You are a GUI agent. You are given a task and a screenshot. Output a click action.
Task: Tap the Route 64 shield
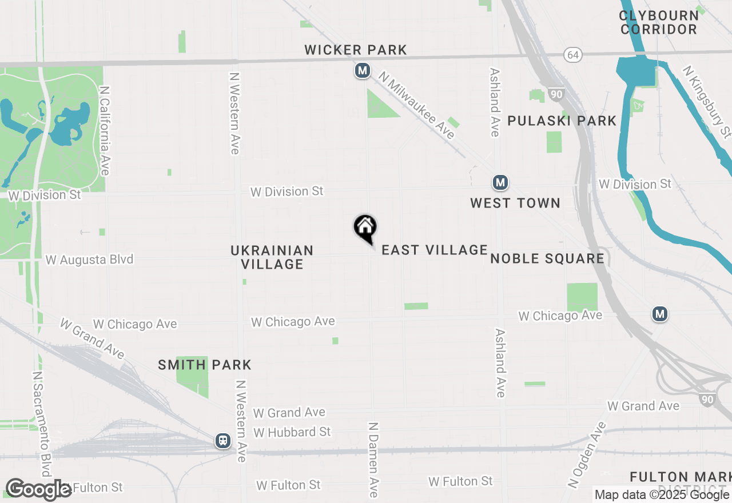point(572,55)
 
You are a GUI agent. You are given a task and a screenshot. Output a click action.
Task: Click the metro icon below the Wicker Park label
point(361,71)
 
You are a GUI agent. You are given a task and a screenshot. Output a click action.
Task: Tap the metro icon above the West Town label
point(500,182)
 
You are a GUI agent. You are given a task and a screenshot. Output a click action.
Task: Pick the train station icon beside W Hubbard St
point(222,441)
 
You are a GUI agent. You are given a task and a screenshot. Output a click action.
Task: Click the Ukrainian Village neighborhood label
point(272,257)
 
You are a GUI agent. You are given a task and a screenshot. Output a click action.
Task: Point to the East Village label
point(435,250)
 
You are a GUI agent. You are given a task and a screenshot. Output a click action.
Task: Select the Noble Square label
point(547,258)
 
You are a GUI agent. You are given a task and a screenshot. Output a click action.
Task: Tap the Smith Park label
point(205,365)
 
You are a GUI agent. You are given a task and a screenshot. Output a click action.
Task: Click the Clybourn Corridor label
point(659,22)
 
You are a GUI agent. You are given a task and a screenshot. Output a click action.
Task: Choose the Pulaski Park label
point(562,121)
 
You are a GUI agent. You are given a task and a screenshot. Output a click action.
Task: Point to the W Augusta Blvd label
point(89,260)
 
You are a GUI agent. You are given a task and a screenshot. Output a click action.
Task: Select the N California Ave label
point(104,131)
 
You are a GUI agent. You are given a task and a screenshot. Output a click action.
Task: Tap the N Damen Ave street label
point(373,460)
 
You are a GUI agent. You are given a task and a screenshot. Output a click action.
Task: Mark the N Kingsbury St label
point(707,102)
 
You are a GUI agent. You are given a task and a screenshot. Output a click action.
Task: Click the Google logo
point(38,489)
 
